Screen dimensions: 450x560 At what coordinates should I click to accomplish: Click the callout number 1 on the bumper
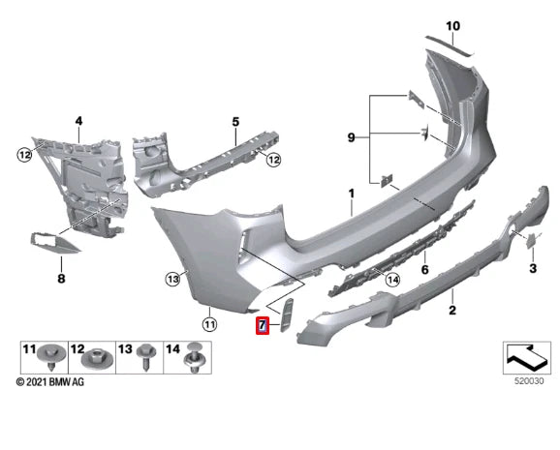[353, 195]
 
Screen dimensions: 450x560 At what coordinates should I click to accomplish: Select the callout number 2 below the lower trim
[451, 310]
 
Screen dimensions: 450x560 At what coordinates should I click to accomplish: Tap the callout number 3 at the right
[532, 266]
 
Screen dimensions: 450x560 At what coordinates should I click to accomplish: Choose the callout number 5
[234, 122]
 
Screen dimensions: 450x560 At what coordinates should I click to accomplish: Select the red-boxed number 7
[262, 325]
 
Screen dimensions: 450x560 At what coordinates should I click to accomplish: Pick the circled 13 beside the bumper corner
[171, 279]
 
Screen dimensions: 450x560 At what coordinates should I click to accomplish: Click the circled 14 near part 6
[392, 279]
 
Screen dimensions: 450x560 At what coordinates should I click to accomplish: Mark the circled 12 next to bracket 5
[274, 160]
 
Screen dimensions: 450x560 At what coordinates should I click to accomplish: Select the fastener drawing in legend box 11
[47, 362]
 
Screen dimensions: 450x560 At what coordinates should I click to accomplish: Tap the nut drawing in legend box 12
[97, 362]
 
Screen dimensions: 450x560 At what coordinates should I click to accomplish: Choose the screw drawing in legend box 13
[146, 360]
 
